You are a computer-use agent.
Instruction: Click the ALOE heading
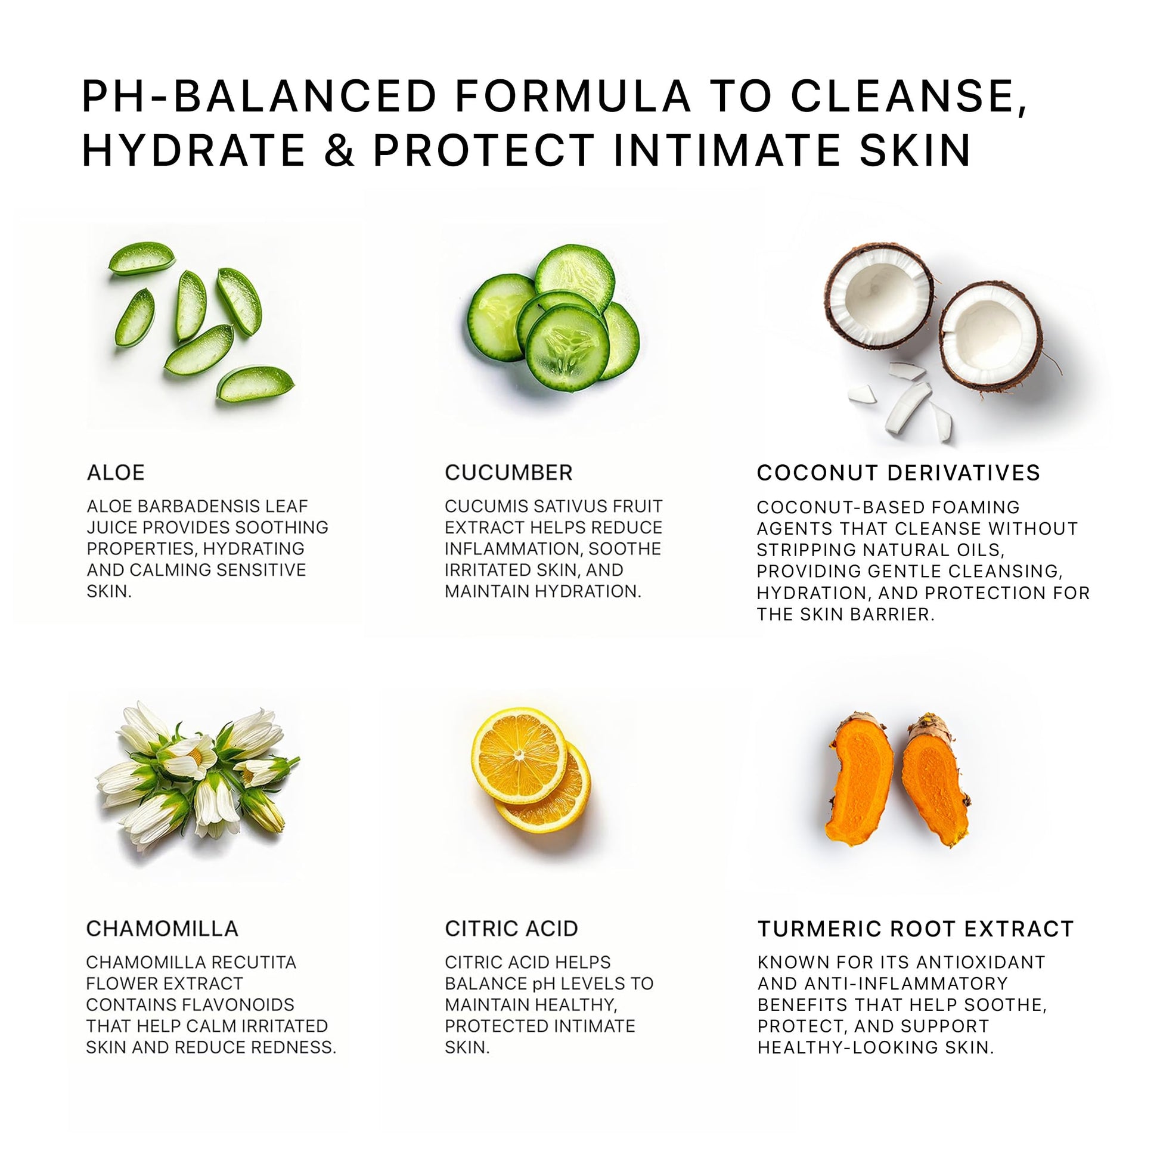[116, 473]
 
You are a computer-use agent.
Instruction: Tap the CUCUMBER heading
[508, 473]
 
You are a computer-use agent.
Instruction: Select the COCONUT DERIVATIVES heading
[898, 473]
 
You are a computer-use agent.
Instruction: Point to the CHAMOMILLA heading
[162, 928]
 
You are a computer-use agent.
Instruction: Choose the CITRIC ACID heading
[511, 928]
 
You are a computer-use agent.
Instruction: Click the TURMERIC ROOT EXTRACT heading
[916, 928]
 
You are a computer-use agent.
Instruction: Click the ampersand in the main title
[340, 150]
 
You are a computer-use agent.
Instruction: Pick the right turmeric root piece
[935, 780]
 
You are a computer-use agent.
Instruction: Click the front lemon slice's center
[519, 755]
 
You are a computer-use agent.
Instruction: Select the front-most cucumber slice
[567, 348]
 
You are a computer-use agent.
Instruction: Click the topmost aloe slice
[142, 258]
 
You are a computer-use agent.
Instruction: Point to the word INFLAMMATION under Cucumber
[512, 549]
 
